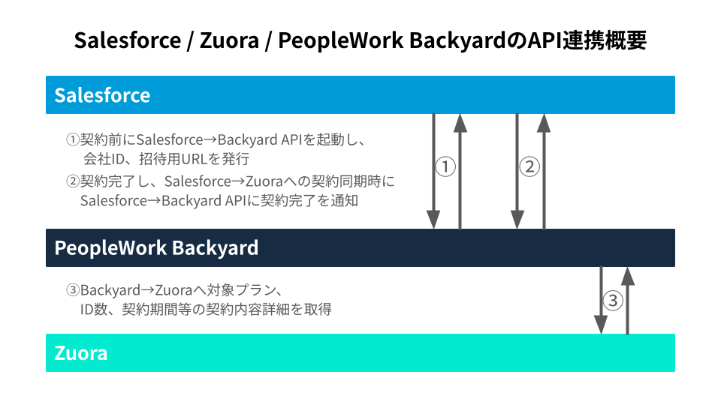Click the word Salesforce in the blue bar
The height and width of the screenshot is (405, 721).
102,95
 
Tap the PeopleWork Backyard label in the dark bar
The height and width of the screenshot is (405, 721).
156,248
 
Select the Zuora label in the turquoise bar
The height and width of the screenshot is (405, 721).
81,353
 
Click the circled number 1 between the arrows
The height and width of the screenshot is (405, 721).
445,166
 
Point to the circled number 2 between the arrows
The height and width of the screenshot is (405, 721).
529,166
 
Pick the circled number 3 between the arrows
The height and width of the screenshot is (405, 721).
613,301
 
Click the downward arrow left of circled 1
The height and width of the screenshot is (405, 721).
433,171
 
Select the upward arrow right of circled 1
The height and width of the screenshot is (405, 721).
460,171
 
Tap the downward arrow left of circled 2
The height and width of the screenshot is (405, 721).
517,171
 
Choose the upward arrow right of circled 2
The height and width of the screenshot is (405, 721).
544,171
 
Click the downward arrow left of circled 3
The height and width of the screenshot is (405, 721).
601,300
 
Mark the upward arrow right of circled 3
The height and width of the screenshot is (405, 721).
628,300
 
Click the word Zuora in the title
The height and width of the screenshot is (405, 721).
230,40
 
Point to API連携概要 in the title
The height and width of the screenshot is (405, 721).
587,40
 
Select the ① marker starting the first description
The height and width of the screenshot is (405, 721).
73,139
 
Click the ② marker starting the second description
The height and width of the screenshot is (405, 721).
73,181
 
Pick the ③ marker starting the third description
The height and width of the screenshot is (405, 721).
73,289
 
